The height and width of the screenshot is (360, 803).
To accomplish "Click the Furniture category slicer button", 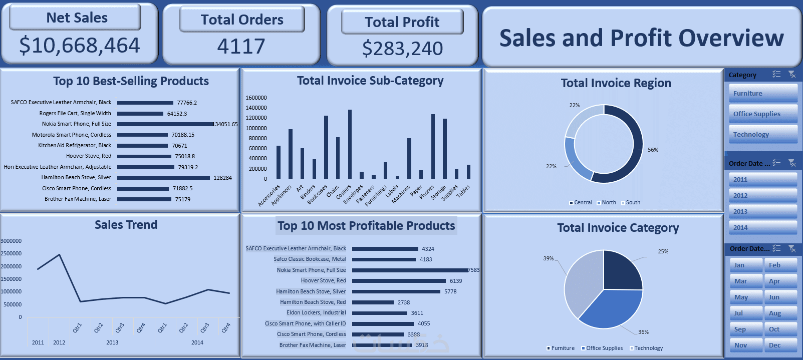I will point(762,94).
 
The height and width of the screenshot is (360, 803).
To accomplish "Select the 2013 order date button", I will point(762,211).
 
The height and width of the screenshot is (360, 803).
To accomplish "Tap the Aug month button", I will point(780,313).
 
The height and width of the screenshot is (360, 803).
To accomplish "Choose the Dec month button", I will point(780,345).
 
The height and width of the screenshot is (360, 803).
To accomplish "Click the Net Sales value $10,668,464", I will point(79,46).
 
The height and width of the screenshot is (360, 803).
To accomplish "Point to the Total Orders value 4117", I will point(241,47).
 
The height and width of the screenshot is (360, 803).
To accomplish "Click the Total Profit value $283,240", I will point(402,49).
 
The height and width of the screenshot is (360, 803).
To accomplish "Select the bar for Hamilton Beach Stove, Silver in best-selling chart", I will point(163,178).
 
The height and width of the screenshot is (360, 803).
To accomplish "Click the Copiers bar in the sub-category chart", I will point(350,144).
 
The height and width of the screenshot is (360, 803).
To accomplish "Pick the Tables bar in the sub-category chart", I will point(468,172).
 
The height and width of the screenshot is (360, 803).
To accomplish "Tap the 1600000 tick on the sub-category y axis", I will point(256,98).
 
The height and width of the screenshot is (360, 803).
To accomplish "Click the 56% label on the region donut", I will point(653,150).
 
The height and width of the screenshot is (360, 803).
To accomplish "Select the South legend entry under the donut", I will point(633,203).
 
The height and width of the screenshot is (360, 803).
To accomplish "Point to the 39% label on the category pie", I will point(549,258).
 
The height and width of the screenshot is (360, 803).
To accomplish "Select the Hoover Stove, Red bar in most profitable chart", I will point(399,281).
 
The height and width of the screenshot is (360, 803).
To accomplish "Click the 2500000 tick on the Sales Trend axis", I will point(11,253).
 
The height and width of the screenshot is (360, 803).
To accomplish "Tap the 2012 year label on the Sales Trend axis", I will point(59,342).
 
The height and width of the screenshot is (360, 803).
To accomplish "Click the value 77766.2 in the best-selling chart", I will point(187,103).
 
